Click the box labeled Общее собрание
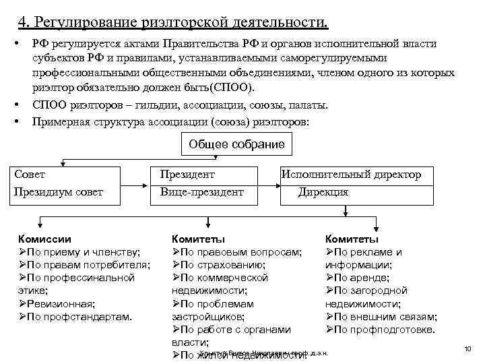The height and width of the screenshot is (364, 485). coord(236,144)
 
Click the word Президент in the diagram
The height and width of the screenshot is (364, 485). coord(187,175)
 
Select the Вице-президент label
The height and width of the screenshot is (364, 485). coord(201,192)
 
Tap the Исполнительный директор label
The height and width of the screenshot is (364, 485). coord(351,175)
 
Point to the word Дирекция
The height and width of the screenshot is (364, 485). coord(323,192)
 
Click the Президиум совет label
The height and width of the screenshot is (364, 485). coord(59,192)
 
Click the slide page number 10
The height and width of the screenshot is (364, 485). coord(467,348)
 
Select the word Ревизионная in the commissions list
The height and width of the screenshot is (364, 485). coord(61,303)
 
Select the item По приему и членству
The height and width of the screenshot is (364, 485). coord(84,252)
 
